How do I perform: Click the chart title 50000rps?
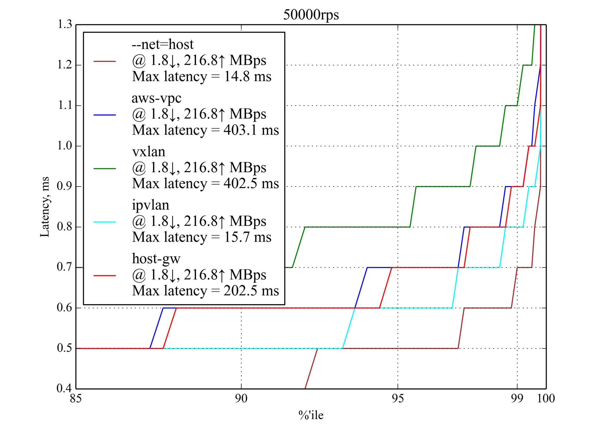[311, 15]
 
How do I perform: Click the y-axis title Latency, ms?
[45, 207]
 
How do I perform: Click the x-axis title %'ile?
[311, 415]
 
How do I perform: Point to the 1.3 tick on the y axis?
[65, 24]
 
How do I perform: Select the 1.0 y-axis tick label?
[65, 146]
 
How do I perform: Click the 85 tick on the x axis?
[76, 398]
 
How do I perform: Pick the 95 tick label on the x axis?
[398, 398]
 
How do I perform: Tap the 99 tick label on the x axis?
[517, 398]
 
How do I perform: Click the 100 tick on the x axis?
[546, 398]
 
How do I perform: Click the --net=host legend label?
[162, 45]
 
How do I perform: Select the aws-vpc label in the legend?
[156, 98]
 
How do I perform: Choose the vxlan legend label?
[149, 152]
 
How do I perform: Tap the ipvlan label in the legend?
[150, 205]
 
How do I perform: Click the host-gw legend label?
[156, 259]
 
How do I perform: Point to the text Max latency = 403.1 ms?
[205, 130]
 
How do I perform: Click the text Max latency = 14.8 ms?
[202, 77]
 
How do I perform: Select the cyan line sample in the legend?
[105, 222]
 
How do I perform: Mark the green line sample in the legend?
[105, 169]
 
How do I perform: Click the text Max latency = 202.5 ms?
[205, 291]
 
